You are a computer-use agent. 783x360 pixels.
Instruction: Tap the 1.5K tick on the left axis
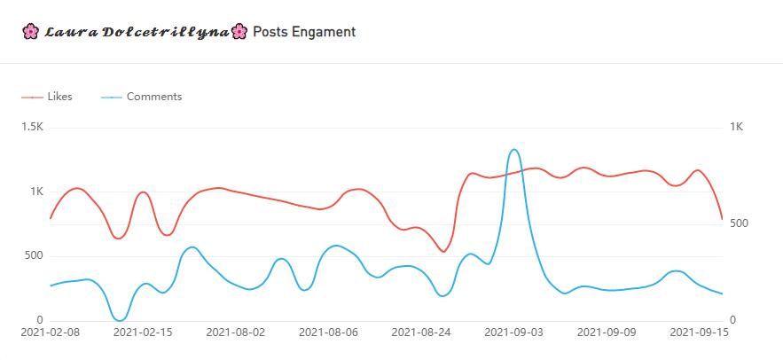pos(32,128)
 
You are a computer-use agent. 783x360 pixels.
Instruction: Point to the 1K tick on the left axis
pos(35,192)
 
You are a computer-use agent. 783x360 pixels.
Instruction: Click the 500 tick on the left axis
pos(33,256)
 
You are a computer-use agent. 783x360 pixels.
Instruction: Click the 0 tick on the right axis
pos(732,320)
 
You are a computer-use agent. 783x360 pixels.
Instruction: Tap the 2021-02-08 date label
pos(50,333)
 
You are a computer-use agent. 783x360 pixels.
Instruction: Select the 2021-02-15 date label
pos(143,333)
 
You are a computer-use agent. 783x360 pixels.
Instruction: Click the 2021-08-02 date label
pos(236,333)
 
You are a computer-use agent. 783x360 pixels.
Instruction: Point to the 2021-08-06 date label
pos(329,333)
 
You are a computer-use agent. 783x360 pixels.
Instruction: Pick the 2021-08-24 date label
pos(421,333)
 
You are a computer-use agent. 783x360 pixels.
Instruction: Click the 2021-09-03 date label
pos(514,333)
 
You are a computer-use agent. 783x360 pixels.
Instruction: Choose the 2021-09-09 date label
pos(607,333)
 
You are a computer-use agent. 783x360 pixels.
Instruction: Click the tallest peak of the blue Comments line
pos(514,150)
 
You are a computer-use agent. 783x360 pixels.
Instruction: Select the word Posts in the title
pos(270,32)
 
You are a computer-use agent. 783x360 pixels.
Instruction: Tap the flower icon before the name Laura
pos(30,33)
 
